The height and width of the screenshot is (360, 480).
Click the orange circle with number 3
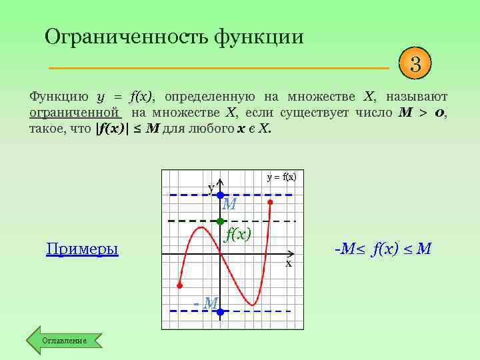[x=415, y=65]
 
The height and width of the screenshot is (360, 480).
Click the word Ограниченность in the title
[x=125, y=36]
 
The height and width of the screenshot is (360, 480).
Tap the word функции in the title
[x=259, y=36]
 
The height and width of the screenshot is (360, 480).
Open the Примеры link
[x=82, y=249]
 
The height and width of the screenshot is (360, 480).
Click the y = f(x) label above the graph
[x=281, y=177]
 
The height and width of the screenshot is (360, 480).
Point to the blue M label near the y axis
[x=229, y=205]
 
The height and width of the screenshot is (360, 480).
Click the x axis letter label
[x=289, y=263]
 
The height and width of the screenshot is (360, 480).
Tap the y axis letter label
[x=211, y=188]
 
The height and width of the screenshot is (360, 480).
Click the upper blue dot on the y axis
[x=220, y=195]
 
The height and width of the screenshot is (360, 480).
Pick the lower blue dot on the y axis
[x=220, y=311]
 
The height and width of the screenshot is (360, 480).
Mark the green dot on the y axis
[x=220, y=221]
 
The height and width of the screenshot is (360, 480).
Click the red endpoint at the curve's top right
[x=270, y=201]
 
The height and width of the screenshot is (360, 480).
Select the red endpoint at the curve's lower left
[x=179, y=285]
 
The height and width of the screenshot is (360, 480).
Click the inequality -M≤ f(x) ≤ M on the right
[x=382, y=249]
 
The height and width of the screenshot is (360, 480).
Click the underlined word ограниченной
[x=74, y=113]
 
